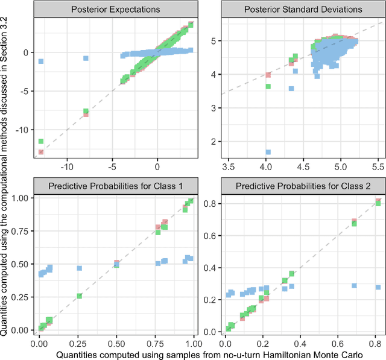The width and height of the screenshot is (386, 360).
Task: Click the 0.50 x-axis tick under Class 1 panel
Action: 116,341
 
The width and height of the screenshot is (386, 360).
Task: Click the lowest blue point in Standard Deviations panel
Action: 268,152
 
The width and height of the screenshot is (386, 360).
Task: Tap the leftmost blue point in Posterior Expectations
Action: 41,61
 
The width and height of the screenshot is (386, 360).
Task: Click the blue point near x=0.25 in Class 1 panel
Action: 79,268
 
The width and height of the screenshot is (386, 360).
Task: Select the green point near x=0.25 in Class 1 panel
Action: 79,296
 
